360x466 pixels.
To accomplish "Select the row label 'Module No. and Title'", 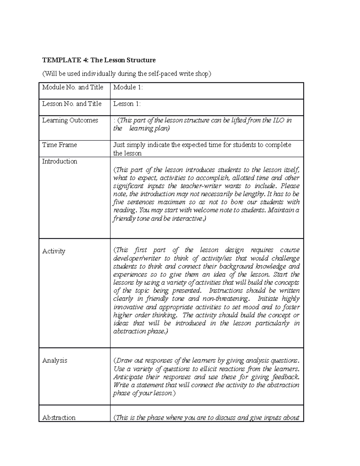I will (73, 87).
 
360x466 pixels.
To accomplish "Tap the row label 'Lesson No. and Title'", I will (72, 104).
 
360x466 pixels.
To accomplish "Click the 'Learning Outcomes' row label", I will (70, 120).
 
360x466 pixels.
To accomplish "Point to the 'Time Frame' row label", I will (59, 145).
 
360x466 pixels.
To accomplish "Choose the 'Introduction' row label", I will (60, 161).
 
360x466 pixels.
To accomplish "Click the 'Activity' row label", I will (54, 251).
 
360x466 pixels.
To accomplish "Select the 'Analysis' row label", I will (55, 360).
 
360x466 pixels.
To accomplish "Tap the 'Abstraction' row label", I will (59, 417).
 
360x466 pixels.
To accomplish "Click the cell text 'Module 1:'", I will (128, 87).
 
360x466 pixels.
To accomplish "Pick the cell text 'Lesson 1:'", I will (127, 104).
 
